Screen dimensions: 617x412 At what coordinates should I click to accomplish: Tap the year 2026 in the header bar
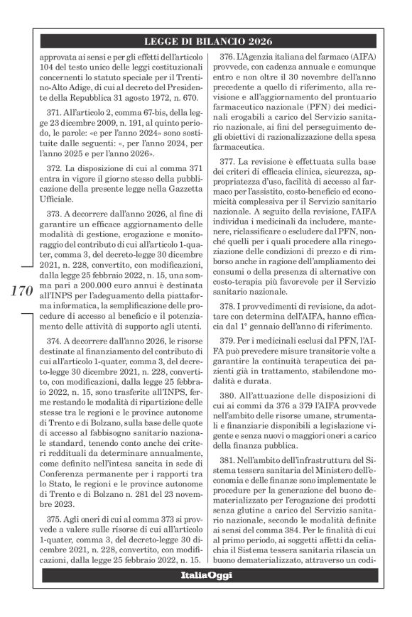[256, 41]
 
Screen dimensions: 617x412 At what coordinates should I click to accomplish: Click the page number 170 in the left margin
[22, 290]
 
